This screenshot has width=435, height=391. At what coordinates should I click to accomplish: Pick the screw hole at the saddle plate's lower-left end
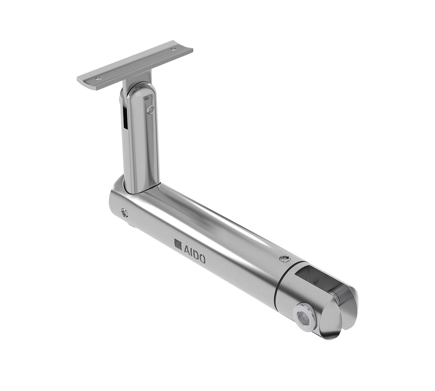pyautogui.click(x=98, y=79)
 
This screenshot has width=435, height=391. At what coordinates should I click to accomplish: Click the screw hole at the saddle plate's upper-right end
pyautogui.click(x=173, y=49)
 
